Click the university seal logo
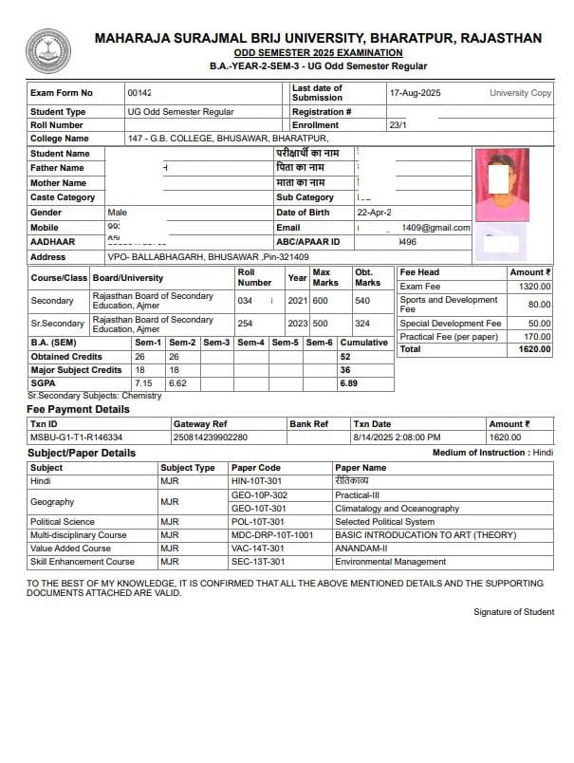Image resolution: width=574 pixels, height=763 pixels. point(47,51)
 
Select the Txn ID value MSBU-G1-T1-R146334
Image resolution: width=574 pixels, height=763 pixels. point(72,437)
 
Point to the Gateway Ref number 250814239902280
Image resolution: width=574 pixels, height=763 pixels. point(210,437)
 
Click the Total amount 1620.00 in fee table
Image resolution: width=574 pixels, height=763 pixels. point(534,349)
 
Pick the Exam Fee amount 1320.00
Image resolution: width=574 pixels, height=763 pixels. point(534,286)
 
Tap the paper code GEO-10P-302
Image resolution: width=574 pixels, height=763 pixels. point(259,494)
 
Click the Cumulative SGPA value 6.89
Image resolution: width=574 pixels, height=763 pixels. point(349,382)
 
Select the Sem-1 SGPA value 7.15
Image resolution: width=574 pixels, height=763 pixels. point(143,382)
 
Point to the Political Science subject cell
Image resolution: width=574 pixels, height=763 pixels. point(63,521)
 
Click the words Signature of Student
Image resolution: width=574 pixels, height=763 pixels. point(512,612)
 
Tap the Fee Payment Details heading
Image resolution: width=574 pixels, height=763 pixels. point(78,409)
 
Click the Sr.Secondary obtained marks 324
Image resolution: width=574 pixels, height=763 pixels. point(363,323)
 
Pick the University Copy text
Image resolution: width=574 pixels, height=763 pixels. point(520,93)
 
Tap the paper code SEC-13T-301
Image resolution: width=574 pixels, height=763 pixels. point(258,561)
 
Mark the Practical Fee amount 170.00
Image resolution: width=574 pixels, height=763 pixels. point(537,336)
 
